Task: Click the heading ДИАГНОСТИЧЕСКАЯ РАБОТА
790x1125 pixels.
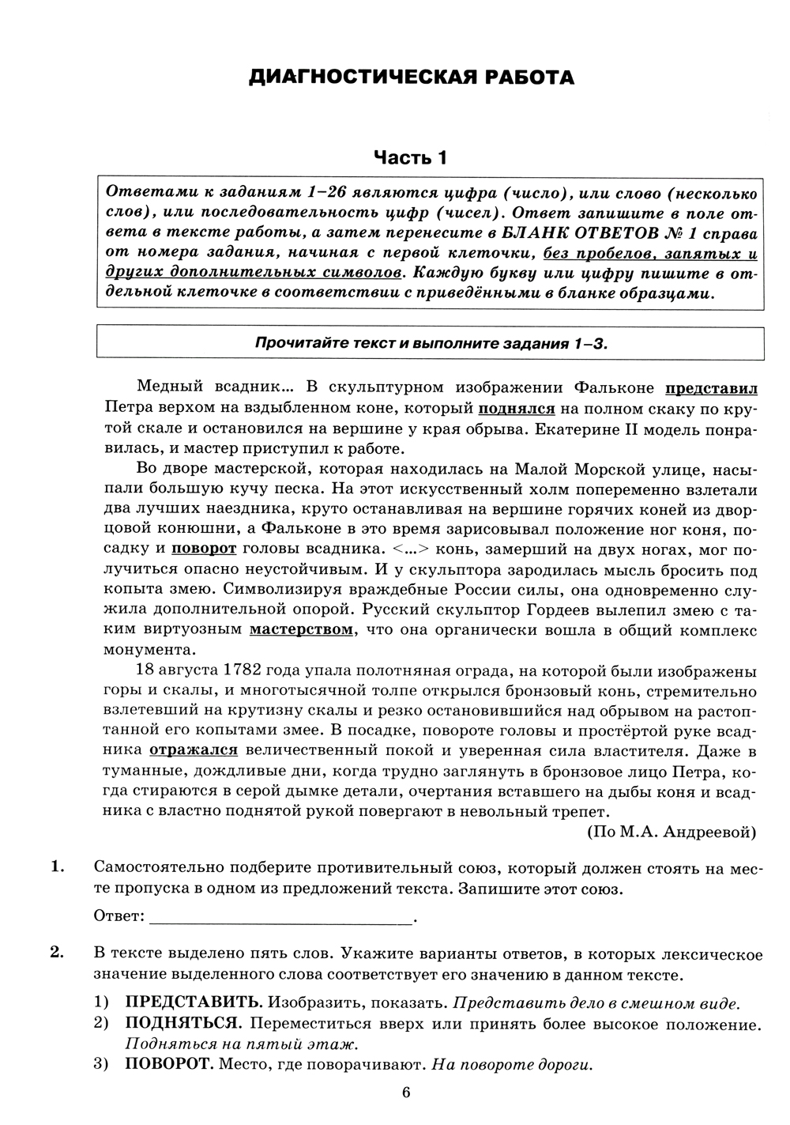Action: pos(411,77)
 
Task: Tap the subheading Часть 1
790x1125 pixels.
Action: pos(410,157)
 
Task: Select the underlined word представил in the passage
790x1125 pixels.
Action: pos(711,388)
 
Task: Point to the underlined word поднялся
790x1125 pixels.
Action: pos(516,409)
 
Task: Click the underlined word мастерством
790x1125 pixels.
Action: pos(301,629)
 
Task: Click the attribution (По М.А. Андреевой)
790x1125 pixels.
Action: pos(671,832)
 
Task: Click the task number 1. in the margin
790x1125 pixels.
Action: pos(57,867)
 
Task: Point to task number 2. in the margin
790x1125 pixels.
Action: pos(57,952)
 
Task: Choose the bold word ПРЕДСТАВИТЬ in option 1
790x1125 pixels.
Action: pos(193,1003)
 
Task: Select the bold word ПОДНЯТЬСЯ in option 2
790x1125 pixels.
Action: pos(183,1024)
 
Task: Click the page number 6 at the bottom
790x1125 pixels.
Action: pos(406,1093)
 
